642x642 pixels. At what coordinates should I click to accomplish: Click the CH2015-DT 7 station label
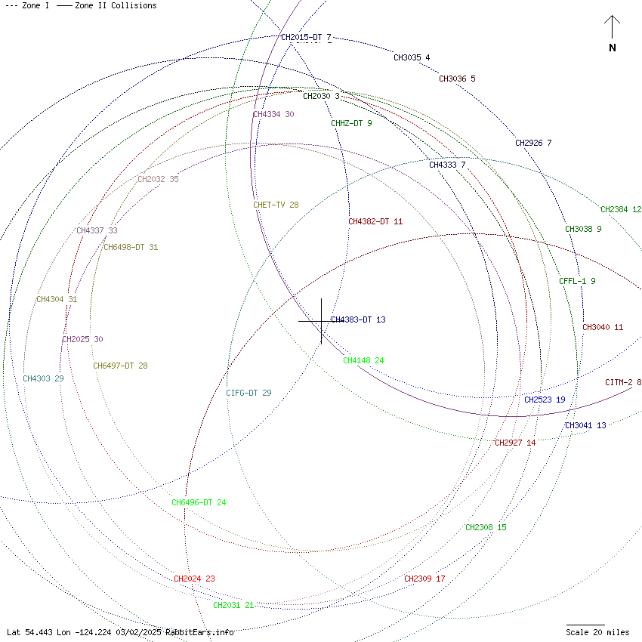(x=306, y=37)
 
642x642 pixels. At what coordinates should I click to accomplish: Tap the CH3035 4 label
(x=412, y=57)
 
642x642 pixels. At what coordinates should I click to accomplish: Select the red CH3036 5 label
(x=457, y=79)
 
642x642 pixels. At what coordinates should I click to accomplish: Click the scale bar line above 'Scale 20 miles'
(x=585, y=625)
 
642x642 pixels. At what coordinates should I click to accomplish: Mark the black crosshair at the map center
(x=322, y=321)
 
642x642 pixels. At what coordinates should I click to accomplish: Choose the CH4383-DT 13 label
(x=358, y=319)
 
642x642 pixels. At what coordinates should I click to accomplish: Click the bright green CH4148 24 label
(x=363, y=360)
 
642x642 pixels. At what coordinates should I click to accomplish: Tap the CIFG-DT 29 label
(x=248, y=393)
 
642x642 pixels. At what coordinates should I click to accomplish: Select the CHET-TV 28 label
(x=276, y=205)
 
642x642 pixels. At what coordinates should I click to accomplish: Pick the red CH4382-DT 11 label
(x=375, y=221)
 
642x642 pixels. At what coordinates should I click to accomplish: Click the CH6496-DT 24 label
(x=199, y=502)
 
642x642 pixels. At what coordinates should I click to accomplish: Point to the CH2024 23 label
(x=194, y=579)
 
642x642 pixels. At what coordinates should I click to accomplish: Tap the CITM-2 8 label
(x=623, y=382)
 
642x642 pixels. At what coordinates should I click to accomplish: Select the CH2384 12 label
(x=621, y=209)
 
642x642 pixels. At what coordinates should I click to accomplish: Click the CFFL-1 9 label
(x=577, y=281)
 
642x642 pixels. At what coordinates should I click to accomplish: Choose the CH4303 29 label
(x=43, y=378)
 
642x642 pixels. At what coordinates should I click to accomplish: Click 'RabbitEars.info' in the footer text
(x=199, y=632)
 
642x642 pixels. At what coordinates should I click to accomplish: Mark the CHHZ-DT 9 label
(x=351, y=123)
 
